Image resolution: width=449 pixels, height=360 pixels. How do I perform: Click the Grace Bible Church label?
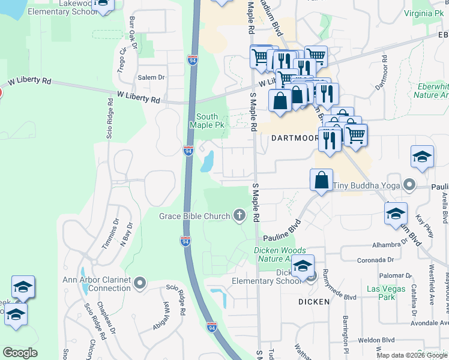point(194,216)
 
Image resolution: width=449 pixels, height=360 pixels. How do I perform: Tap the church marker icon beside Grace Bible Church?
point(240,215)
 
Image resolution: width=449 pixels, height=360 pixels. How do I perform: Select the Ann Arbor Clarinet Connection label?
point(97,283)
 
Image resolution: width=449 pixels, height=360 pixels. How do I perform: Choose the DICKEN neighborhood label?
point(314,302)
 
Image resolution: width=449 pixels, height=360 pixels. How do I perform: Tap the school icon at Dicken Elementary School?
point(303,266)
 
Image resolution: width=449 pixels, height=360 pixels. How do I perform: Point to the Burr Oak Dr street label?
point(133,32)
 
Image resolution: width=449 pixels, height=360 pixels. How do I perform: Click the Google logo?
point(20,353)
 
